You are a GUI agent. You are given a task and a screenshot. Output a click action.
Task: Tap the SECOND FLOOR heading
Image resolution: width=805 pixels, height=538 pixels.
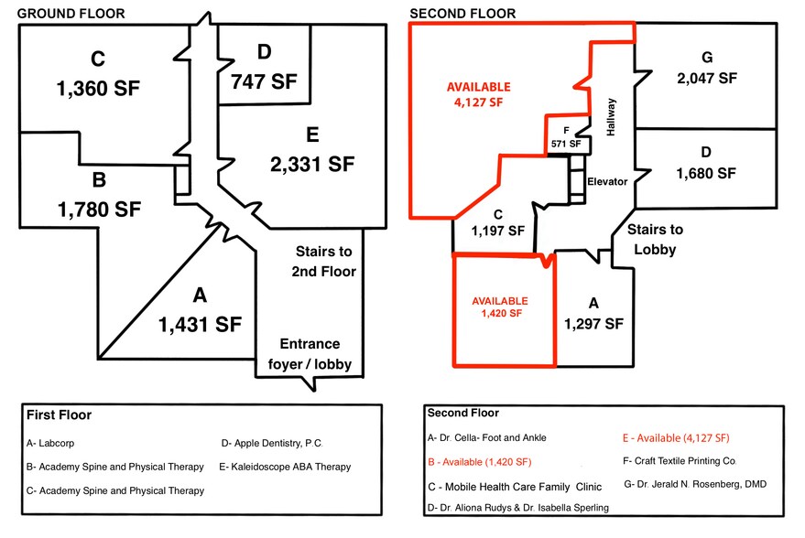point(462,13)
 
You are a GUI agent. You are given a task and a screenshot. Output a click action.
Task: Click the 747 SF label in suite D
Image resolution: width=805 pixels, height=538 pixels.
point(265,81)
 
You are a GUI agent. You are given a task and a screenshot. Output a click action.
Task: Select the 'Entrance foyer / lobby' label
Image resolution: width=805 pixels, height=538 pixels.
point(310,354)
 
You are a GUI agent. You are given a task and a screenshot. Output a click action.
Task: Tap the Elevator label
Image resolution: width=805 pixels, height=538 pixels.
point(607,181)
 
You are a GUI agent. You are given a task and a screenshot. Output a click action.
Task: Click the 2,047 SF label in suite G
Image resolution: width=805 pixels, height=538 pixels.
point(706,79)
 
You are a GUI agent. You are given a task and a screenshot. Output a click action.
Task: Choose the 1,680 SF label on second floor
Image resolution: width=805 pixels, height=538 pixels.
point(706,172)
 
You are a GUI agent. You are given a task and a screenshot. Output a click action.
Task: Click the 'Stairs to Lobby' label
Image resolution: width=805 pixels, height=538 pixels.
point(655,239)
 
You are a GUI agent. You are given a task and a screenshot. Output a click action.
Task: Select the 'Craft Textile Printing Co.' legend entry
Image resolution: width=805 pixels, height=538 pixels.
point(680,460)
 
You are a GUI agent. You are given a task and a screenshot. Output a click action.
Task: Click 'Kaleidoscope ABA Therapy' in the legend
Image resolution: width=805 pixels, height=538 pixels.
point(286,467)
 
